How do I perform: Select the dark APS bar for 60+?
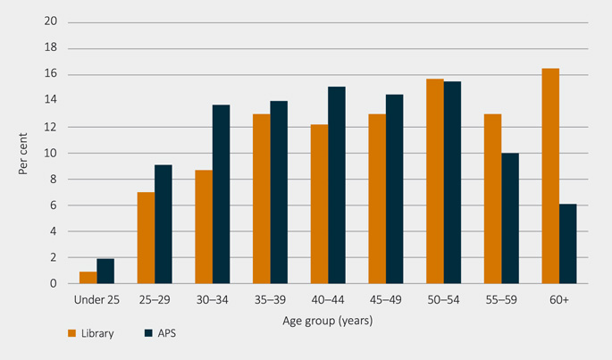(x=568, y=244)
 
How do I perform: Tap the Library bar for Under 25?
(x=88, y=278)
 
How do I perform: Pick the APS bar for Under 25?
(x=105, y=272)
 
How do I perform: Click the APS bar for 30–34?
(x=221, y=195)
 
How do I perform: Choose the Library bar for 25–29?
(x=146, y=238)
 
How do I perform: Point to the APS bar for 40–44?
(x=337, y=185)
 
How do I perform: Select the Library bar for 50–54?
(x=436, y=181)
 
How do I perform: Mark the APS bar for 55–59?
(x=510, y=218)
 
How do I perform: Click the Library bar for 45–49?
(x=377, y=199)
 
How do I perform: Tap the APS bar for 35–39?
(x=279, y=192)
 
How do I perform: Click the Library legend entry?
(x=89, y=334)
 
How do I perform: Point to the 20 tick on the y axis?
(x=50, y=22)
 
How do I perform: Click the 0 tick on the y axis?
(x=53, y=284)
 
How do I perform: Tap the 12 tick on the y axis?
(x=50, y=127)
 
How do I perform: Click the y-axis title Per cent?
(x=23, y=152)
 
